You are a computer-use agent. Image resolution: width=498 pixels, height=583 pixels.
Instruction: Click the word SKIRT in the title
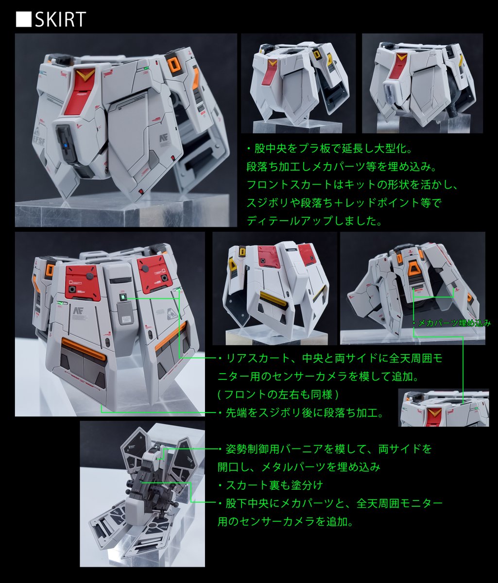[x=60, y=19]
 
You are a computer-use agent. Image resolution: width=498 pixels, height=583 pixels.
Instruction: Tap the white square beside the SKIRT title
[x=23, y=19]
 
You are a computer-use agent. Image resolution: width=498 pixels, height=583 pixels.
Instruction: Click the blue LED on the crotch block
[x=66, y=146]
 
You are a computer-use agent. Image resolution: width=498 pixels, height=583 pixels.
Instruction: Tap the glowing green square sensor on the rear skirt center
[x=122, y=297]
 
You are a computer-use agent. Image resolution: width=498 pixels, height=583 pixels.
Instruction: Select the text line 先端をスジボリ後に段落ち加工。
[x=305, y=413]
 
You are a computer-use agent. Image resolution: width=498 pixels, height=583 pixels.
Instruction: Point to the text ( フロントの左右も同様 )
[x=278, y=394]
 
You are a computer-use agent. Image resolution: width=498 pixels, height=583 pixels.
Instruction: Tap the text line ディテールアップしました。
[x=314, y=221]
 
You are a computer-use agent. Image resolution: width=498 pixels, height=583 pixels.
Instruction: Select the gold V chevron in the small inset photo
[x=434, y=413]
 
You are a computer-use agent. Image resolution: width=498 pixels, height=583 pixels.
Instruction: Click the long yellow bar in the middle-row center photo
[x=273, y=299]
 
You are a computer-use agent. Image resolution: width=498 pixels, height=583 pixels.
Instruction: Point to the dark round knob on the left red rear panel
[x=89, y=276]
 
